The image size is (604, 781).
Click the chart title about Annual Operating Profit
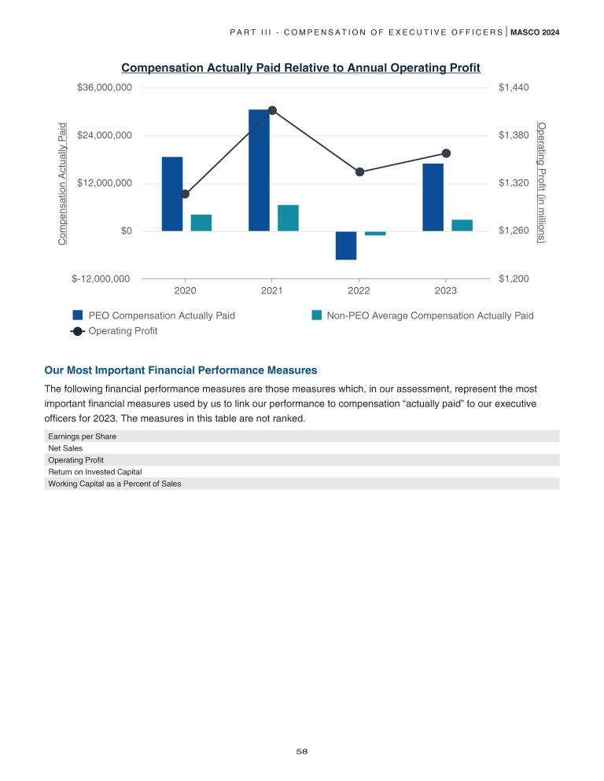coord(300,68)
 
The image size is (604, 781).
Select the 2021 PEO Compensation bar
coord(259,170)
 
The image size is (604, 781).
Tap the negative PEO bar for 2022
coord(346,245)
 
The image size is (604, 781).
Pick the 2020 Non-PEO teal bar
coord(201,223)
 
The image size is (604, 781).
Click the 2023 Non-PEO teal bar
coord(462,225)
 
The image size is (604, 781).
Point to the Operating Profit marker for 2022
coord(359,171)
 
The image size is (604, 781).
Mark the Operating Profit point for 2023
coord(446,153)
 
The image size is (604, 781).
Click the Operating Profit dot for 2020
coord(185,193)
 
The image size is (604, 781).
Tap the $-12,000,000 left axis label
coord(101,278)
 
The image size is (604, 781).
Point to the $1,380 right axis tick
coord(514,136)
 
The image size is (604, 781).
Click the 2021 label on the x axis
coord(271,290)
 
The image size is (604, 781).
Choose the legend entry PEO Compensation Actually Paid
coord(161,315)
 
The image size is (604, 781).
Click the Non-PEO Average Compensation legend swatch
coord(317,315)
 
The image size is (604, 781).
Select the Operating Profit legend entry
coord(123,331)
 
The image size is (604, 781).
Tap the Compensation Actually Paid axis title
coord(63,182)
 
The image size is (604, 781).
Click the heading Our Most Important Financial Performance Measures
coord(181,370)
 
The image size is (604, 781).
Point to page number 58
coord(301,752)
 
